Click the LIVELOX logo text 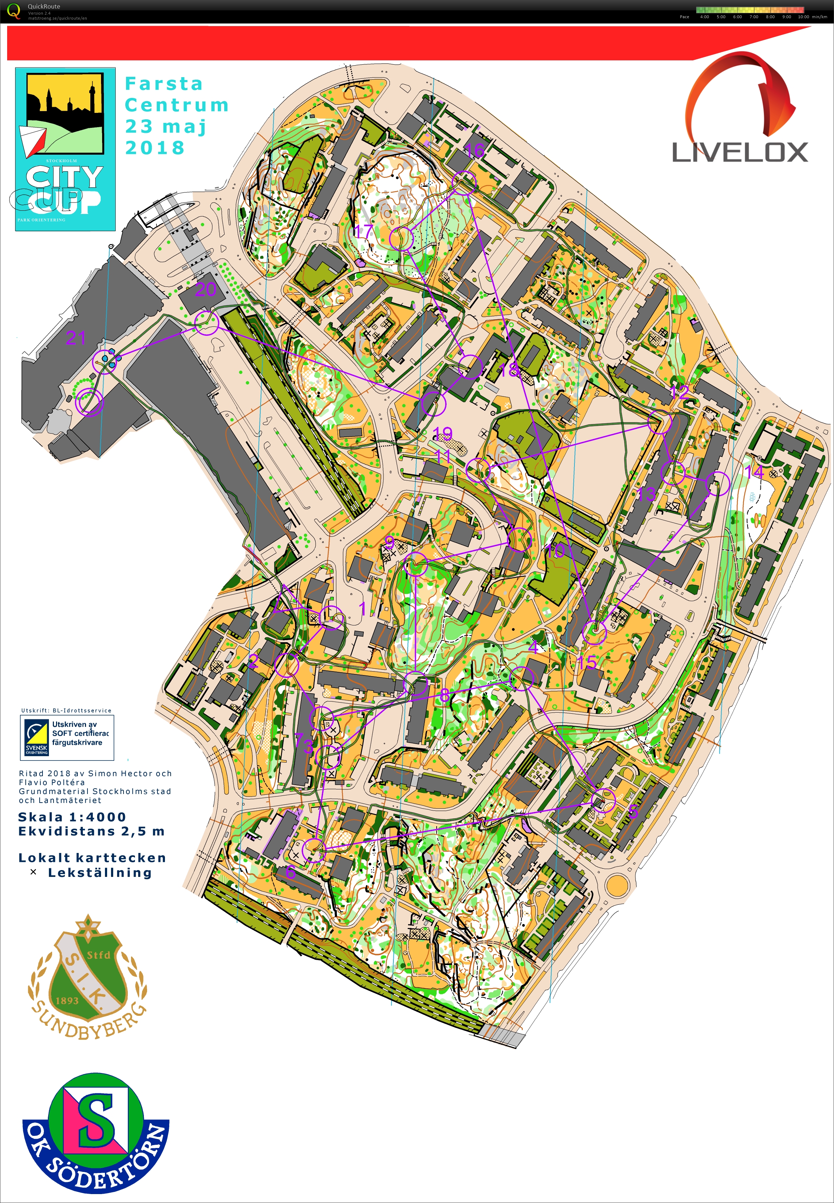click(739, 152)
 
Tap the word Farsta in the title click(164, 84)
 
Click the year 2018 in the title click(155, 148)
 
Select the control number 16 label click(474, 151)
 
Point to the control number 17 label click(364, 230)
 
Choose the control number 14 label click(754, 472)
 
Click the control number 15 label click(587, 663)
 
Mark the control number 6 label click(291, 872)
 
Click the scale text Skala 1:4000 click(72, 817)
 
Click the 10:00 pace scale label click(803, 17)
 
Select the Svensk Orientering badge click(36, 738)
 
